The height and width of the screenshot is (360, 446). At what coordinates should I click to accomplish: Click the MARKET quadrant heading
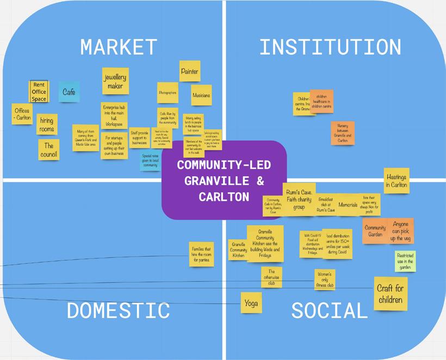pos(119,47)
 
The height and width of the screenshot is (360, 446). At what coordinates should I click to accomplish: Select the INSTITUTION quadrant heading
pos(330,47)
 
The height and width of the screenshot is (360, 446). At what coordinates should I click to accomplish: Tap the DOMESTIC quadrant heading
pos(118,311)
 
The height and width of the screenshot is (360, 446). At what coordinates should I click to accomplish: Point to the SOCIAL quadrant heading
pos(330,311)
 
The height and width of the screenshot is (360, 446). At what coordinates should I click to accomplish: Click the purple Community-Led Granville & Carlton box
pos(224,180)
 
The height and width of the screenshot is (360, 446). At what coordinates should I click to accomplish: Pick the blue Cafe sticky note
pos(69,92)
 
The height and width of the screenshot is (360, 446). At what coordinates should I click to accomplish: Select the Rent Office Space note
pos(39,92)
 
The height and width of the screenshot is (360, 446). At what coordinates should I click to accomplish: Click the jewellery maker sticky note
pos(115,81)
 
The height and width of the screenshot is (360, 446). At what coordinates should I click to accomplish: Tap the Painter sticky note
pos(190,71)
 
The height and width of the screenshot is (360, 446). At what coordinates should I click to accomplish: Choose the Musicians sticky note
pos(201,95)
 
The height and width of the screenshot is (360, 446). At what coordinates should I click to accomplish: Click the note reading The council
pos(48,150)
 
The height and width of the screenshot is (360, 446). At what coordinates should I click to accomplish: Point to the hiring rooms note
pos(47,125)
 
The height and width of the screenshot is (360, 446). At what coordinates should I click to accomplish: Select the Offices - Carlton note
pos(22,115)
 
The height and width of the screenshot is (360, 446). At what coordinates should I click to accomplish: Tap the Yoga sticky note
pos(251,303)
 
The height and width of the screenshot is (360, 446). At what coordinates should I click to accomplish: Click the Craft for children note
pos(391,294)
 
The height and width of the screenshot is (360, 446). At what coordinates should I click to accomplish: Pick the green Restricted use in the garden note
pos(405,261)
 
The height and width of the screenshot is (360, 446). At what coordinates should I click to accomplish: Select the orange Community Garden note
pos(375,231)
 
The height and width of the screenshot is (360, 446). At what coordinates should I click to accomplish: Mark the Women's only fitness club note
pos(325,280)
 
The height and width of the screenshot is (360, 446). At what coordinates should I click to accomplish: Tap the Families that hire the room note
pos(200,254)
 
